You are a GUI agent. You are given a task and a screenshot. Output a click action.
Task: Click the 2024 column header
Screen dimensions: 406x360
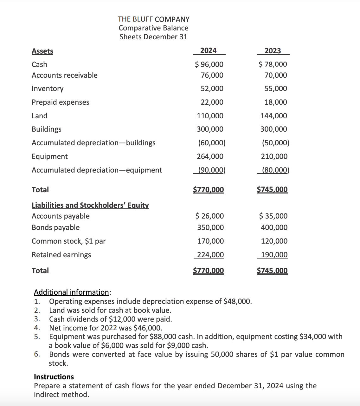(209, 50)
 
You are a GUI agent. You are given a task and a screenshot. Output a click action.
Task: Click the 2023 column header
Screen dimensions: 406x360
(273, 51)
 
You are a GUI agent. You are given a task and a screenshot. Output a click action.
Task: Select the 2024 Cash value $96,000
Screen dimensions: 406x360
(209, 64)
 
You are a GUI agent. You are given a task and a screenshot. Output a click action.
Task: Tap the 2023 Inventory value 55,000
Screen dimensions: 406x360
(276, 88)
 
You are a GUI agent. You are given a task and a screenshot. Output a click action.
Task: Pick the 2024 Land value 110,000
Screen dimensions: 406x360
(210, 116)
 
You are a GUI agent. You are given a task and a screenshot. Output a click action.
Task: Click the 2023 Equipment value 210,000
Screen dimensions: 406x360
(274, 156)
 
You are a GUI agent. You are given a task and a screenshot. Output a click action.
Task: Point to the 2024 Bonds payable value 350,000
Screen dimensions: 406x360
(210, 227)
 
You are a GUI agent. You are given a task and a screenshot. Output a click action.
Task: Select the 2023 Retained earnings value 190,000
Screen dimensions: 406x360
(274, 255)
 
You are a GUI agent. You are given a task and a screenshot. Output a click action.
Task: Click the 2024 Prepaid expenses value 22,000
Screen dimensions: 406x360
(212, 102)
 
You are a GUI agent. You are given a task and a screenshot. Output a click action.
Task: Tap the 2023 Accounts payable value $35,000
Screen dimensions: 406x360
(273, 216)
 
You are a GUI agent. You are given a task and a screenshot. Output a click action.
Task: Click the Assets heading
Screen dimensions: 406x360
(42, 51)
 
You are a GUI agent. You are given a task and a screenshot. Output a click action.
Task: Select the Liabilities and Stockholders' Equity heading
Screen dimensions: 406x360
(90, 205)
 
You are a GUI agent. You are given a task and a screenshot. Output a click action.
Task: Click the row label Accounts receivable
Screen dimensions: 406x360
(65, 75)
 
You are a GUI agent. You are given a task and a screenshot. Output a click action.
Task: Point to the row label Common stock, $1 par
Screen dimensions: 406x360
(69, 241)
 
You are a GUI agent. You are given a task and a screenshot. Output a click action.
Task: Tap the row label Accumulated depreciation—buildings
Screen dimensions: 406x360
(93, 143)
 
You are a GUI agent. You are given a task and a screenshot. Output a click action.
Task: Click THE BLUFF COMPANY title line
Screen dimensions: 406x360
(154, 19)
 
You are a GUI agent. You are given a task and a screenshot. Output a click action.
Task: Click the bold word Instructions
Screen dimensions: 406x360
(54, 377)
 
